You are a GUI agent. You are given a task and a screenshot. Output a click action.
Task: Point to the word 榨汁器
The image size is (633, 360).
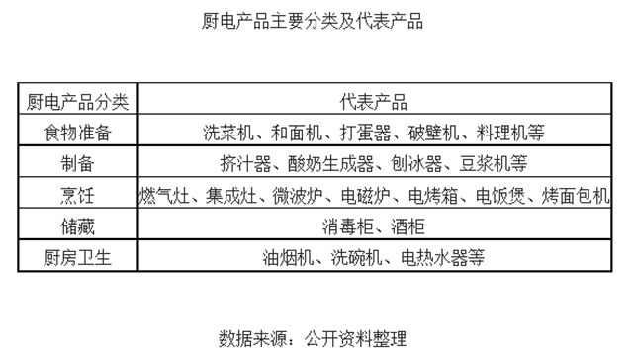(x=242, y=162)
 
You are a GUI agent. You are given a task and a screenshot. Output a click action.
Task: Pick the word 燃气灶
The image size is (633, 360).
(x=163, y=194)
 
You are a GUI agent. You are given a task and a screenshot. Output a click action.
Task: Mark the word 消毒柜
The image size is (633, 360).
(x=347, y=225)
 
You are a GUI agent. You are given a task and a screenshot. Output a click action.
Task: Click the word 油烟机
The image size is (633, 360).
(x=287, y=257)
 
